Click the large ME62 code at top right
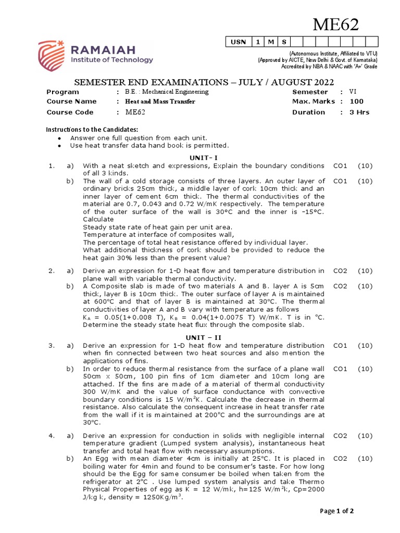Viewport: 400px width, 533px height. pyautogui.click(x=335, y=25)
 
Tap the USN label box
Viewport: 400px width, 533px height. pyautogui.click(x=238, y=42)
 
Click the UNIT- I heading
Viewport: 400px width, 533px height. pyautogui.click(x=199, y=157)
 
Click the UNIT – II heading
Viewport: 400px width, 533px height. pyautogui.click(x=199, y=337)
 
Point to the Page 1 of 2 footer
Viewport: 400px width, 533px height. pyautogui.click(x=337, y=511)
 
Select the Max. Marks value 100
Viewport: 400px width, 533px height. pyautogui.click(x=357, y=101)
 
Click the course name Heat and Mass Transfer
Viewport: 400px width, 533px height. pyautogui.click(x=160, y=101)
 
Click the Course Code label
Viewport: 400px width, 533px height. pyautogui.click(x=70, y=112)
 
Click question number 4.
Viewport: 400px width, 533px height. pyautogui.click(x=52, y=435)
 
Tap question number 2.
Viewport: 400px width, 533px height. pyautogui.click(x=52, y=270)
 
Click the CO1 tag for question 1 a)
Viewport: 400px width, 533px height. pyautogui.click(x=340, y=166)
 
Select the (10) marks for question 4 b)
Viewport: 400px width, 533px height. pyautogui.click(x=365, y=458)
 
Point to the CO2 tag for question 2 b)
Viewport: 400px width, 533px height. pyautogui.click(x=340, y=286)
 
